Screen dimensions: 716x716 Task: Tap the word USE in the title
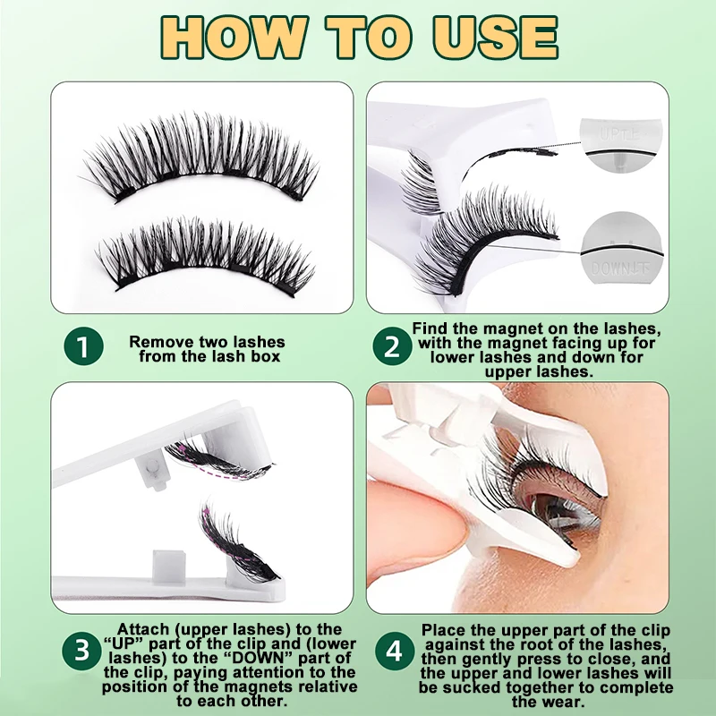(496, 38)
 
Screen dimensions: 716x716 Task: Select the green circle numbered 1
(83, 345)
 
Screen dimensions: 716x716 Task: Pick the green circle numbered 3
(81, 651)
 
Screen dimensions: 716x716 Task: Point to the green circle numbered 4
(395, 651)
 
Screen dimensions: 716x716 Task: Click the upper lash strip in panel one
(200, 157)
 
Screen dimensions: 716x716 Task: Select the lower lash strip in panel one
(206, 256)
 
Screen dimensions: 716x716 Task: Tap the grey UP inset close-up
(620, 145)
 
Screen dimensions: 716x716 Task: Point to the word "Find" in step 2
(430, 328)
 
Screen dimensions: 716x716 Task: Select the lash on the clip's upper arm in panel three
(218, 459)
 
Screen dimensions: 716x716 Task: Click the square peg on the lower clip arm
(169, 567)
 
